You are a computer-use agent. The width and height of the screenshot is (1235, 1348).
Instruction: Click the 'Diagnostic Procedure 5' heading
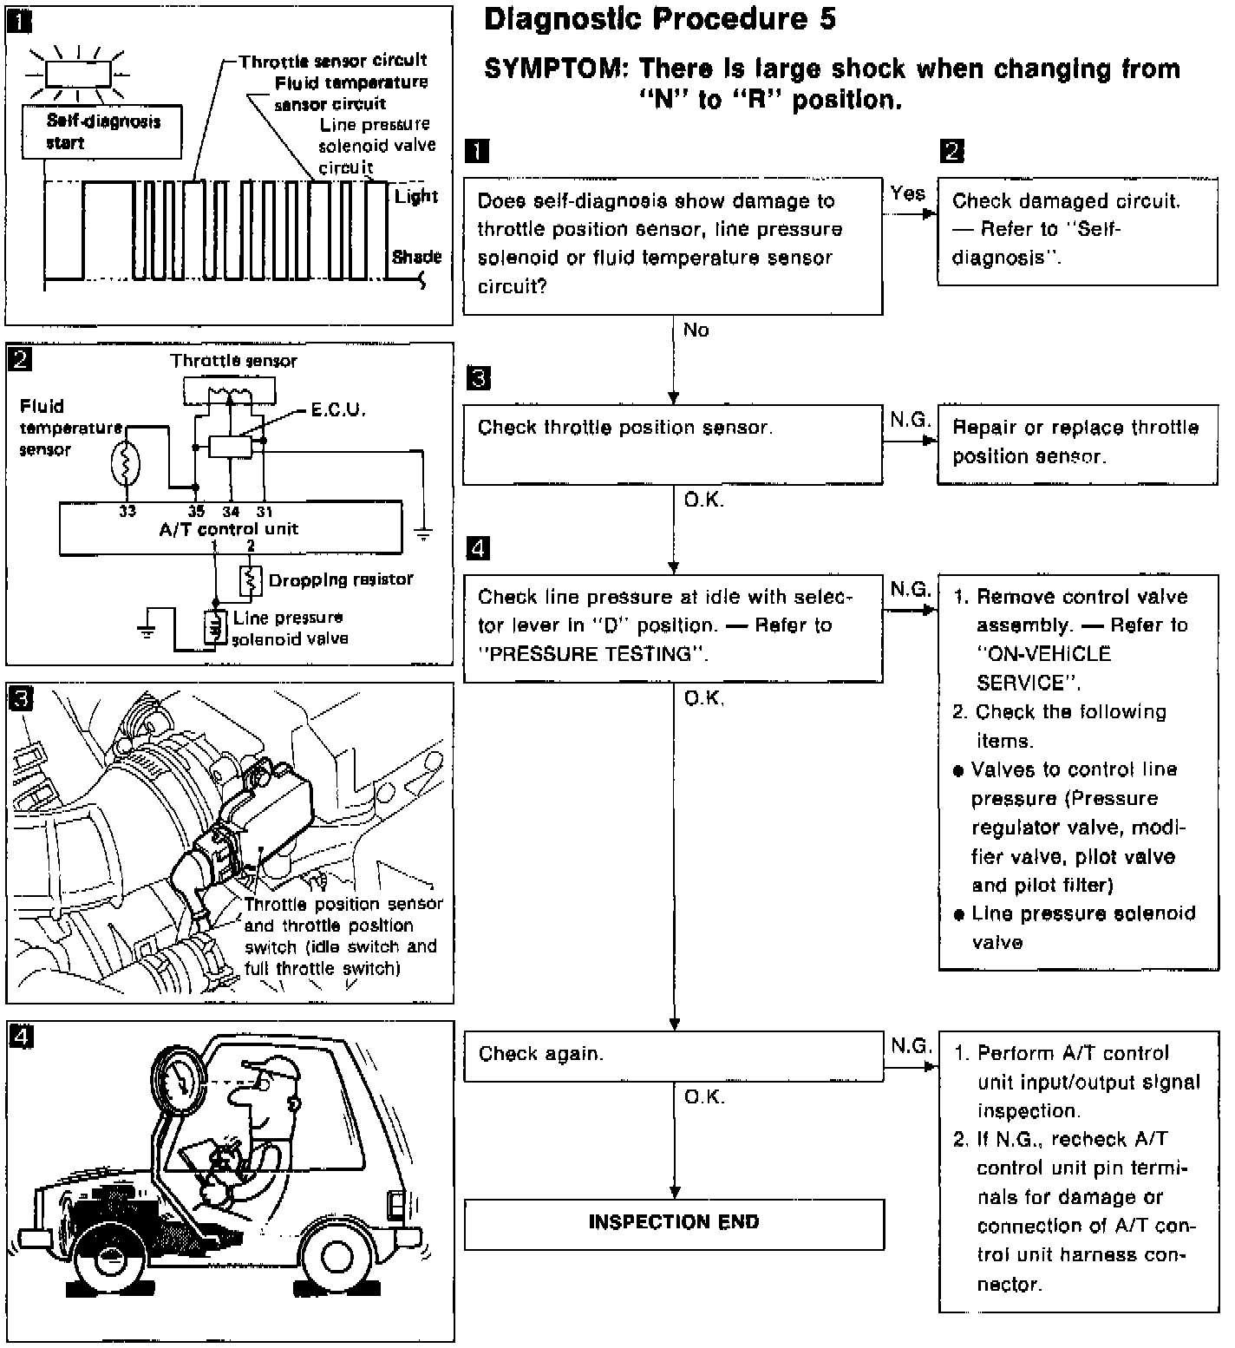(659, 19)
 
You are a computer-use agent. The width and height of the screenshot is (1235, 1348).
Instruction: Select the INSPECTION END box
(674, 1223)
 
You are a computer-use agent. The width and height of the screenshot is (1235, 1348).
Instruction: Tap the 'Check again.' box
(674, 1056)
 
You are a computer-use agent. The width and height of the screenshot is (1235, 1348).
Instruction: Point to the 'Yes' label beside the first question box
(907, 193)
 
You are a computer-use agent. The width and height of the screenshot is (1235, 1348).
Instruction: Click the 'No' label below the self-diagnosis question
(696, 330)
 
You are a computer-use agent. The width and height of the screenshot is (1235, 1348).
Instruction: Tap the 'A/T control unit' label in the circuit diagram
(229, 528)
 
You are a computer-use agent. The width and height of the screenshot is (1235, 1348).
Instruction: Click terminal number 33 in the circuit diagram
(127, 511)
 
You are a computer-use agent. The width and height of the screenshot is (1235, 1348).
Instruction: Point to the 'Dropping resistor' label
(341, 579)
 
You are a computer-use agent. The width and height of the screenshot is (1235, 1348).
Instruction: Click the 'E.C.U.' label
(338, 409)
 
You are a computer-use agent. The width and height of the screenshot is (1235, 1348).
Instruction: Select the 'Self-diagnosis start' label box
(104, 133)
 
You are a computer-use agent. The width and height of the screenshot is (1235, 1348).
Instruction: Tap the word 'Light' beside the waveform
(416, 196)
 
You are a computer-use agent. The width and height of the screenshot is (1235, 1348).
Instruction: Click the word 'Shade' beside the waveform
(416, 257)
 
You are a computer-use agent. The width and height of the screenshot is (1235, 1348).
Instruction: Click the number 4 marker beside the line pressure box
(478, 548)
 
